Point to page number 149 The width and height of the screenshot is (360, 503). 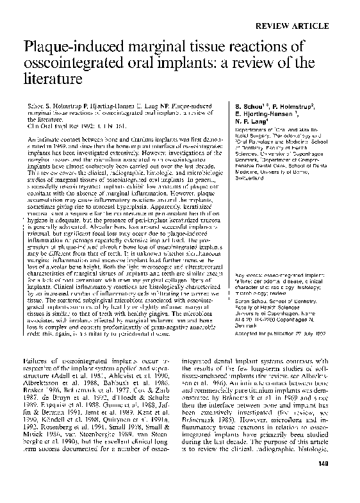pyautogui.click(x=346, y=481)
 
